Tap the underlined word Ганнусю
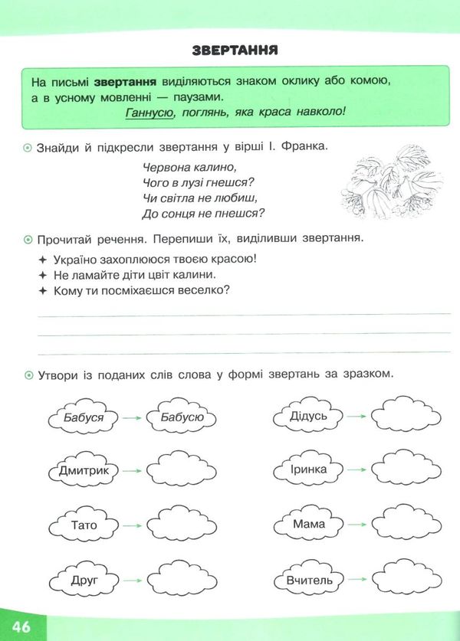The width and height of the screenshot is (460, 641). pos(148,112)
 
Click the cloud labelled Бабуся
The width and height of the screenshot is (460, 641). pos(81,417)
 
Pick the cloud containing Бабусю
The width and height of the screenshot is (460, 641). pos(182,417)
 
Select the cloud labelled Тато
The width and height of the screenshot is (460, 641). pos(83,525)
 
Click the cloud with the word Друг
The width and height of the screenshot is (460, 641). pos(83,580)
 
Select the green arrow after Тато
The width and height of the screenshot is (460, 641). pos(132,525)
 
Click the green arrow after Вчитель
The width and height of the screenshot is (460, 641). pos(358,580)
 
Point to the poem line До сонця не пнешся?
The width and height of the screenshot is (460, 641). pos(209,213)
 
